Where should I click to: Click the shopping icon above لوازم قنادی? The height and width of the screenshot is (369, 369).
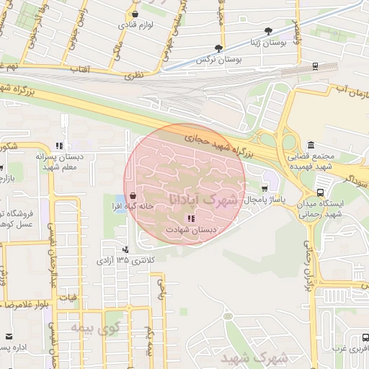pyautogui.click(x=134, y=14)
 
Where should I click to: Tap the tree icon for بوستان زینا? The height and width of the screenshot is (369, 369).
pyautogui.click(x=269, y=32)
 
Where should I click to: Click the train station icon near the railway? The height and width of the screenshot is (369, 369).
pyautogui.click(x=315, y=66)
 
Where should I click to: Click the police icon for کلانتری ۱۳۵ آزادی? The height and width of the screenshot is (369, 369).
pyautogui.click(x=127, y=249)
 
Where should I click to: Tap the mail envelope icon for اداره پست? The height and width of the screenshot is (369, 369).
pyautogui.click(x=9, y=337)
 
